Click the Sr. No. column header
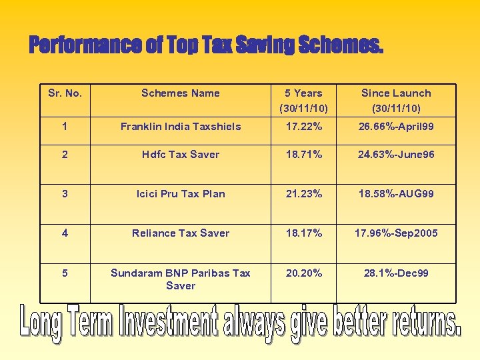click(65, 93)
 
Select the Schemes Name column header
click(180, 93)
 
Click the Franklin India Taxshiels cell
click(180, 127)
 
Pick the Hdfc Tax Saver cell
click(180, 155)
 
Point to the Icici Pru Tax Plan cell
click(180, 194)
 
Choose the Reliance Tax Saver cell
click(180, 233)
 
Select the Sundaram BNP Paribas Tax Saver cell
click(180, 279)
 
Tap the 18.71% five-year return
click(303, 155)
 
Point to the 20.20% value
click(303, 273)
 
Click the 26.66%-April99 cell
click(396, 127)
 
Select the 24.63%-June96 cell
click(396, 155)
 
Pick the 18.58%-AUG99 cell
click(396, 194)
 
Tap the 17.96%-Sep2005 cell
click(396, 233)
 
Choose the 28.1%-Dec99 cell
click(396, 273)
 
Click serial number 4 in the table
click(65, 233)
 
